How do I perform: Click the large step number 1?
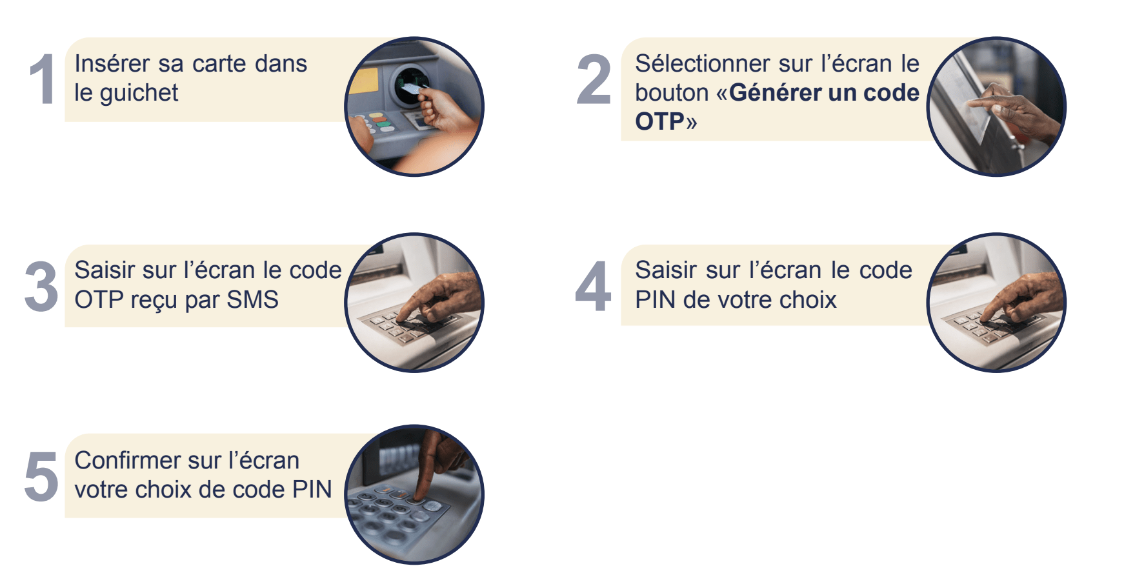(43, 79)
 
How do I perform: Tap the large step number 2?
(594, 79)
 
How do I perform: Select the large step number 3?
(41, 287)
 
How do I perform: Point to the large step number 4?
(593, 287)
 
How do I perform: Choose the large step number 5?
(41, 476)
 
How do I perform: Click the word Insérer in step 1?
(113, 64)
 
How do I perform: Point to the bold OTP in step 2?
(659, 121)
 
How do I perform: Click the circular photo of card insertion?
(414, 106)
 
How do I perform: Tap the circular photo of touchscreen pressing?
(996, 106)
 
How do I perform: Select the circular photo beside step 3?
(414, 303)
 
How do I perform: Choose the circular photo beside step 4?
(996, 303)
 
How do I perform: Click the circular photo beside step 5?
(414, 494)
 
